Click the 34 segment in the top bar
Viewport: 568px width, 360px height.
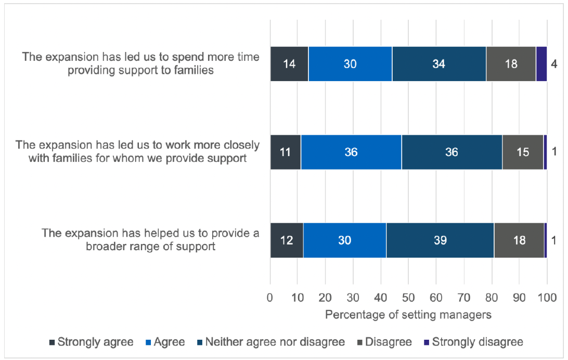pos(439,63)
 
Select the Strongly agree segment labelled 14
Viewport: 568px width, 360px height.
pos(289,63)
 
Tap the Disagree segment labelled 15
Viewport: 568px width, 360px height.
pos(523,152)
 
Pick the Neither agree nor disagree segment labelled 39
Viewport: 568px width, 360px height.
pos(440,240)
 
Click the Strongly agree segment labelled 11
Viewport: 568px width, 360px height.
pos(286,152)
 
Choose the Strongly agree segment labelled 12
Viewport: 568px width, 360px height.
pos(287,240)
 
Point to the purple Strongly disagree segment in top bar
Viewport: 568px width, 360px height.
pos(541,63)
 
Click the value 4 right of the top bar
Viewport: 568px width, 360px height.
pos(555,64)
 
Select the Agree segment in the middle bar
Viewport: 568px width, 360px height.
pos(351,152)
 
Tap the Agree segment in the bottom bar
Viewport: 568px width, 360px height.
pos(344,240)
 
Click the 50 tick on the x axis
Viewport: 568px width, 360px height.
pos(408,298)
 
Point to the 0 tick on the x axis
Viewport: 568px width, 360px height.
pos(270,298)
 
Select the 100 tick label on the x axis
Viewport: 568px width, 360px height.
pos(547,298)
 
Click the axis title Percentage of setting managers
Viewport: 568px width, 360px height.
pos(408,315)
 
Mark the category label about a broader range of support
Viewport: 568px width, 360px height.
pos(151,240)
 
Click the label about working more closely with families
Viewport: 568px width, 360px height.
pos(138,151)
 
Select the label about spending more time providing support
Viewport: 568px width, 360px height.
pos(140,63)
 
